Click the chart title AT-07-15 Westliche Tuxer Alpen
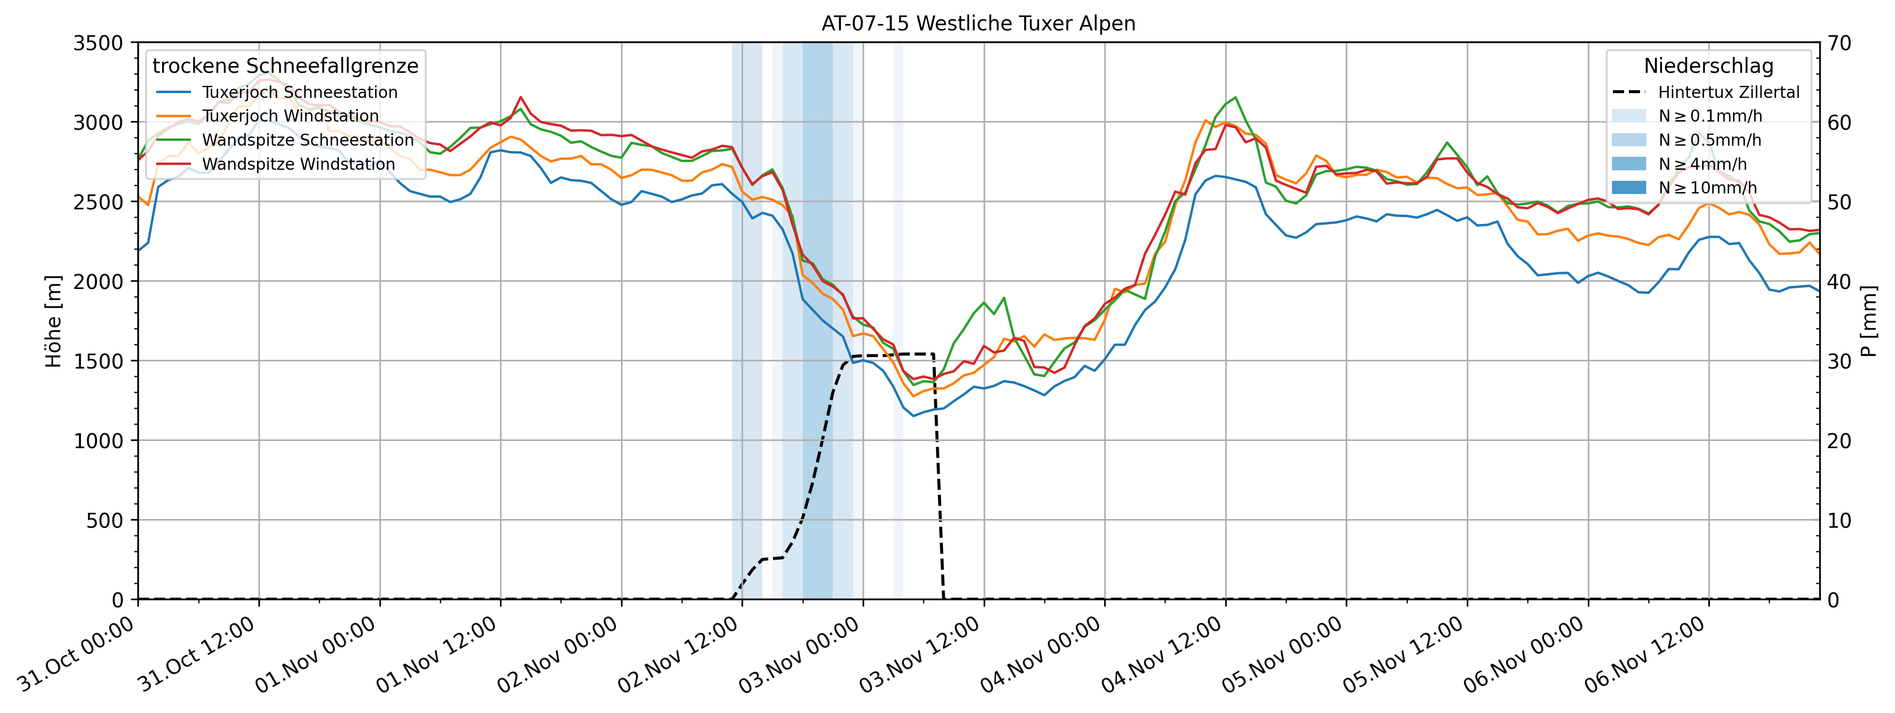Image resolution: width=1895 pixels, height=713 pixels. (978, 24)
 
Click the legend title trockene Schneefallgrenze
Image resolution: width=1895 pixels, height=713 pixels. (285, 66)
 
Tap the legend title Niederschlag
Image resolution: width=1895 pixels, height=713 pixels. (1708, 66)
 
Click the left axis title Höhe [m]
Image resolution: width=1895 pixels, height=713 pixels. (54, 322)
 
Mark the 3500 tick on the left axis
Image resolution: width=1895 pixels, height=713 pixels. (98, 42)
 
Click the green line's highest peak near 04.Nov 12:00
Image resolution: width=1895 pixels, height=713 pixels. (1235, 97)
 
